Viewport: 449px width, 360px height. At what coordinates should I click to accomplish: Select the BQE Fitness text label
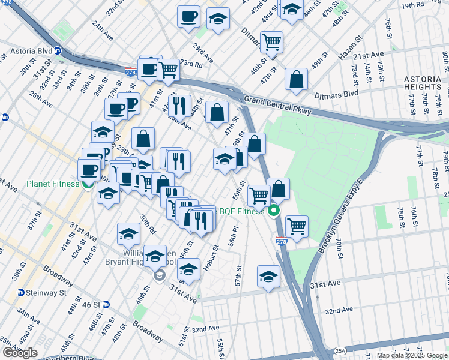click(241, 211)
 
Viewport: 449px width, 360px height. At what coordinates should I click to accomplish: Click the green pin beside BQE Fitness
click(274, 211)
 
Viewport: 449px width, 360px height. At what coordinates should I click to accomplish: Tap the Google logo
click(20, 353)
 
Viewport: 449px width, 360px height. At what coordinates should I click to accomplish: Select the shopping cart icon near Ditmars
click(272, 42)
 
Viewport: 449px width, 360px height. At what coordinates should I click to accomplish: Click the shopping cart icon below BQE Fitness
click(297, 226)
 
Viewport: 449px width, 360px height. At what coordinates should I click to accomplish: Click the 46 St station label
click(92, 305)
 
